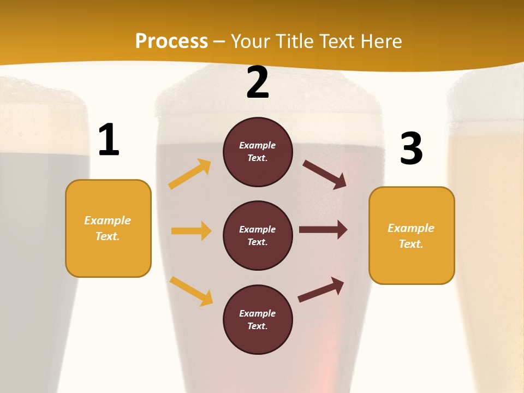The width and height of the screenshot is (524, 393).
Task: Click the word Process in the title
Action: (171, 41)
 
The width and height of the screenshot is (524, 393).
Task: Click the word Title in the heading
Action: (295, 41)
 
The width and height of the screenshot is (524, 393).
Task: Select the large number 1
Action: (109, 140)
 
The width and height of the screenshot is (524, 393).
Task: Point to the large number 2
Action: (258, 83)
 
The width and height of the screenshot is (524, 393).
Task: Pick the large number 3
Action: (411, 148)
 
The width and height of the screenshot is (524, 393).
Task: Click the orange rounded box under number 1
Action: (108, 228)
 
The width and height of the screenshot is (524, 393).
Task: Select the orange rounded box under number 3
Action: (412, 235)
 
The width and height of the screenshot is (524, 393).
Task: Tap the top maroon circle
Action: (258, 152)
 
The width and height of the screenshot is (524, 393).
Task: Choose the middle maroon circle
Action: (258, 235)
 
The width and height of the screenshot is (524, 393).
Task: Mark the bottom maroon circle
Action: (258, 319)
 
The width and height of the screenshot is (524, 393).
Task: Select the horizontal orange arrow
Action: (191, 231)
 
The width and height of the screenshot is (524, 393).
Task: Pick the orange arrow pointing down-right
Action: (191, 290)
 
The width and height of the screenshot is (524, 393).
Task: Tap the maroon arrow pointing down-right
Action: (325, 175)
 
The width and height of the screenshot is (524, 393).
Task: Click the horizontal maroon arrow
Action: (323, 230)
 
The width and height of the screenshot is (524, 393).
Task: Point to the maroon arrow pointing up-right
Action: (321, 289)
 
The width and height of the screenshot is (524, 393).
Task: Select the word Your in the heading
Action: (251, 41)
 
